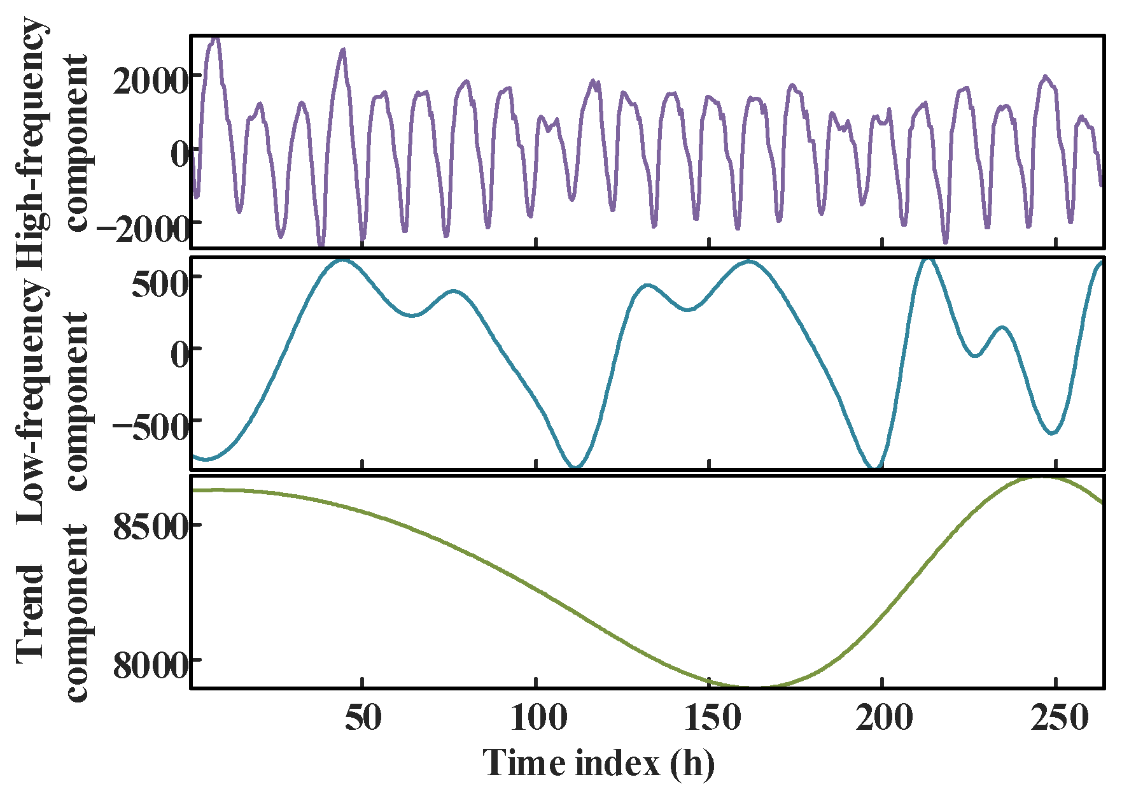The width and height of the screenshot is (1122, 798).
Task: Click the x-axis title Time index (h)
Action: pyautogui.click(x=598, y=763)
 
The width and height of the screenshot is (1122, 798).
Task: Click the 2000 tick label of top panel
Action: pyautogui.click(x=150, y=82)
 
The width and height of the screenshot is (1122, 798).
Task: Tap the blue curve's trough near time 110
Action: pyautogui.click(x=576, y=467)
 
